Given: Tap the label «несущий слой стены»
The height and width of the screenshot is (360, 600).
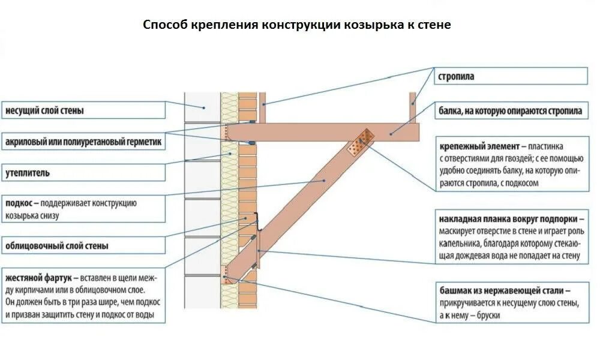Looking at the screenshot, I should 44,111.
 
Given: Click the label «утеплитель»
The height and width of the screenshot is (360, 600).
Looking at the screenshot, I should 28,173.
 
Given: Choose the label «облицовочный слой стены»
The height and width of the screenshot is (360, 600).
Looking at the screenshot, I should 57,245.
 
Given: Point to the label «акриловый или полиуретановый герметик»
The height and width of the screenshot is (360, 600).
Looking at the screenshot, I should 83,143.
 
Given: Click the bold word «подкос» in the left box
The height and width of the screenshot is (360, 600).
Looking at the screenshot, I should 18,203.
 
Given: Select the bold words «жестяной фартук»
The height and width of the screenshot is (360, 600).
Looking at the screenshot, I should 38,278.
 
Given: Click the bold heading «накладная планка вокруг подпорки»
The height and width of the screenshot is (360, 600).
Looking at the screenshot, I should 509,219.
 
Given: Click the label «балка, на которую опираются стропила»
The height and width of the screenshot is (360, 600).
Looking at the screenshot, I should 510,111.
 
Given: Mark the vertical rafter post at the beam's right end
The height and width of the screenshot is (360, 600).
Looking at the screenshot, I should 413,108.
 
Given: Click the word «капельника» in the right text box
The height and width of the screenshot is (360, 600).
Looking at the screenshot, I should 458,244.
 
